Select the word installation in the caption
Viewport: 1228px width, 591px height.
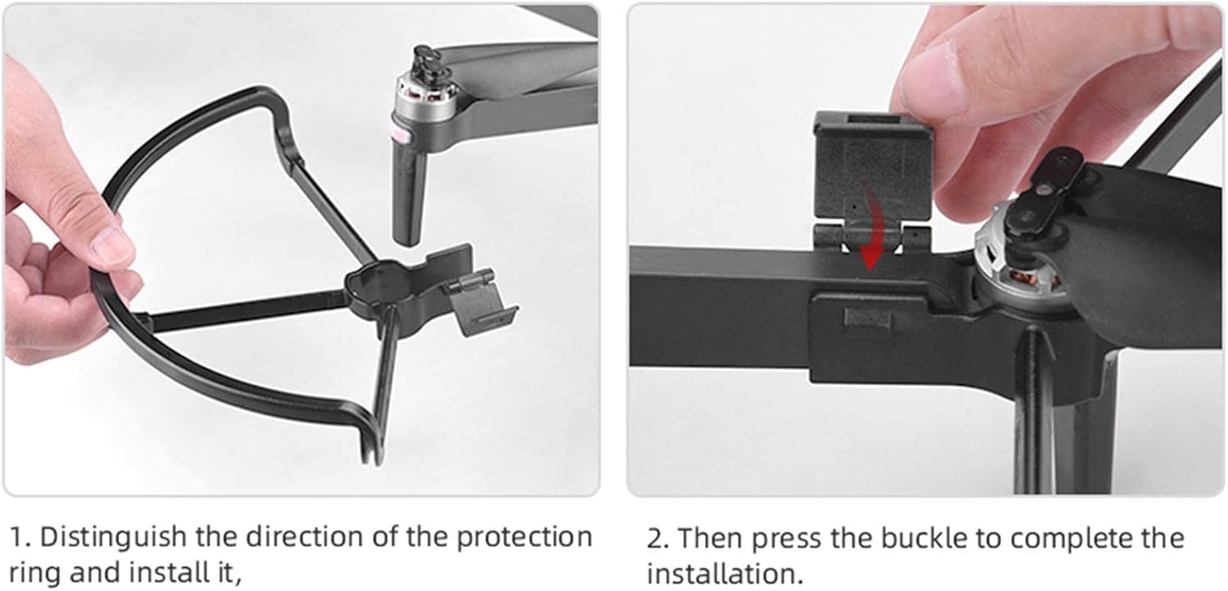coord(725,574)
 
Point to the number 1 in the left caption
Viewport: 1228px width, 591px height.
coord(17,537)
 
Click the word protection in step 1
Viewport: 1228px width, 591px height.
coord(525,538)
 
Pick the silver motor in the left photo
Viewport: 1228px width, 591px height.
coord(426,99)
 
